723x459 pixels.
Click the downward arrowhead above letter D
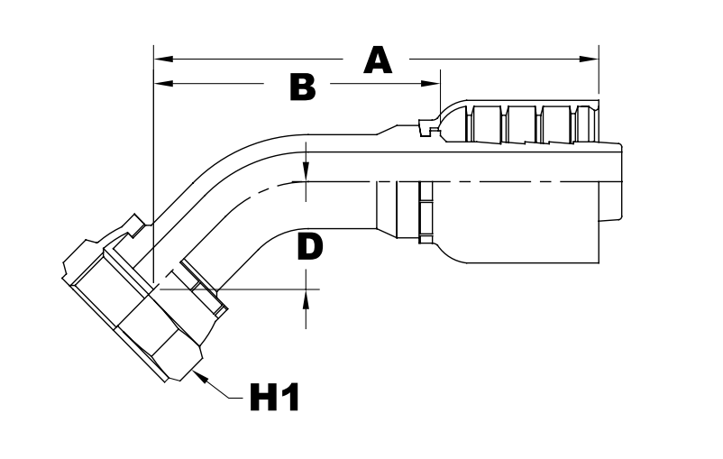click(307, 172)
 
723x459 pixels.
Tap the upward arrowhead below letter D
click(307, 298)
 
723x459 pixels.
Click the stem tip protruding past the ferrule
click(611, 180)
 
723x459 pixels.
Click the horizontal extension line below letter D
click(261, 290)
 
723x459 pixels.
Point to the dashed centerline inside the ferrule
click(505, 181)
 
